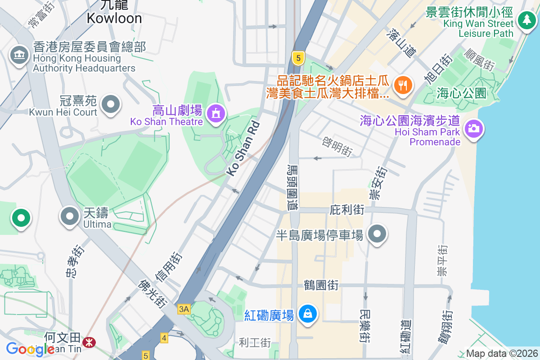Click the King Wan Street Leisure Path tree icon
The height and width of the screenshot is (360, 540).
point(526,20)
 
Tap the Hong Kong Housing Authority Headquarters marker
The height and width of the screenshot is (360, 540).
point(19,55)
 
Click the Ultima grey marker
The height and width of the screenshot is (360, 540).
point(69,216)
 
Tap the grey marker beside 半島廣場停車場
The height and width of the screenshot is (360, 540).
point(377,234)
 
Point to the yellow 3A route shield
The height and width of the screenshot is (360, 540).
point(184,309)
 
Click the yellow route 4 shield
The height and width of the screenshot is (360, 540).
point(164,337)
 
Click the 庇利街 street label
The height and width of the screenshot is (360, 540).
point(346,210)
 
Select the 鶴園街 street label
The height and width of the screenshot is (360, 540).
point(321,285)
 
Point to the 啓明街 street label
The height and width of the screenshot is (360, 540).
point(337,147)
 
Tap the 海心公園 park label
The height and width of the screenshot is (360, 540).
point(462,94)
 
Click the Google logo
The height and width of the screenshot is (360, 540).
point(30,349)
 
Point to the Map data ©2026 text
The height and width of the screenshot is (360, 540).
point(501,354)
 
